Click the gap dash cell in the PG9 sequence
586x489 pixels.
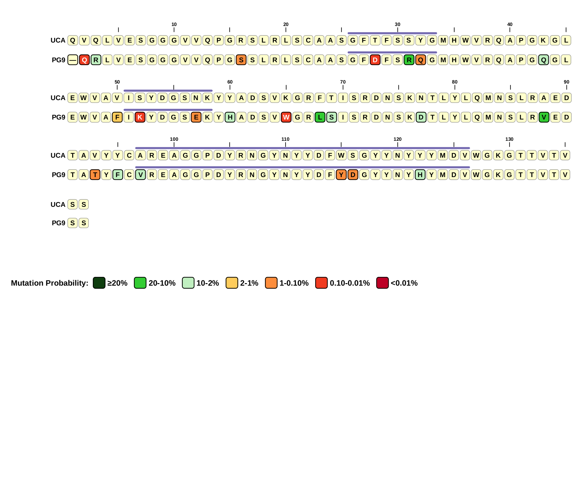[73, 60]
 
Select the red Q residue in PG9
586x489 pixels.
[84, 60]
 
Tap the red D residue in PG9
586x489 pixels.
[375, 60]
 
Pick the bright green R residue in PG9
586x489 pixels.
[409, 60]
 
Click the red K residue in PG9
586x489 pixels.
[140, 117]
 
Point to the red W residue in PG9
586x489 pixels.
[286, 117]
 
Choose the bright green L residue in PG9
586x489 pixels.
[320, 117]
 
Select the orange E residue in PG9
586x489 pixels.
[196, 117]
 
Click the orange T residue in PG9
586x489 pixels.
[95, 175]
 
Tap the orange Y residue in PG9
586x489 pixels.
[341, 175]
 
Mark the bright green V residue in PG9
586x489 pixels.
[544, 117]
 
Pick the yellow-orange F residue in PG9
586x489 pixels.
[117, 117]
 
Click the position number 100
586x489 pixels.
[174, 139]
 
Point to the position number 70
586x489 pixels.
[343, 82]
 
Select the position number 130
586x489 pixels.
[509, 139]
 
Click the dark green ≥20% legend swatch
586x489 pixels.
[99, 283]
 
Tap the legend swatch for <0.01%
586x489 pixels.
[382, 283]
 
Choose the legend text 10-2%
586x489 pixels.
[207, 283]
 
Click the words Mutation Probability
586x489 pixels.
[49, 283]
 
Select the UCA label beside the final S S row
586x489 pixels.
[58, 205]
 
